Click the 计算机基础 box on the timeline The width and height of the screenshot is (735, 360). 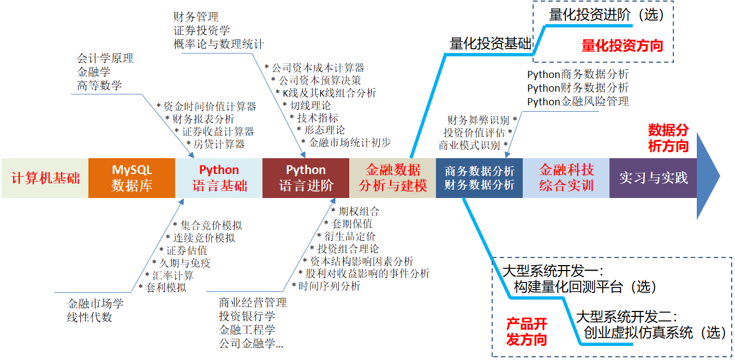coord(45,178)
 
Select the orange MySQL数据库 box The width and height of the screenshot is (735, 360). coord(132,178)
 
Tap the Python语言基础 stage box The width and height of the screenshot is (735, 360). coord(219,178)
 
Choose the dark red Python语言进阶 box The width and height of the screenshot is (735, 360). coord(306,178)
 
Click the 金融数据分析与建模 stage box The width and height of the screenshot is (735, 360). coord(393,178)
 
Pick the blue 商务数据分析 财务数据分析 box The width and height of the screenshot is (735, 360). coord(479,178)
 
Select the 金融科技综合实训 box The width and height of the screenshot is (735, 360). coord(566,178)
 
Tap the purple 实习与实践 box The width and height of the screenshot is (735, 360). coord(653,178)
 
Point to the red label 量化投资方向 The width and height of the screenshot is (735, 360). coord(622,46)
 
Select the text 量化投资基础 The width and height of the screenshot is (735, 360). coord(490,44)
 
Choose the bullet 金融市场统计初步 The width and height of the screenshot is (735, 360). coord(349,143)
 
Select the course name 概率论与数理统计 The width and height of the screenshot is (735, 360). coord(219,44)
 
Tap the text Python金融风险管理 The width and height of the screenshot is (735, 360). coord(578,101)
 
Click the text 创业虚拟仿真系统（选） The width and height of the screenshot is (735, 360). coord(655,332)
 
